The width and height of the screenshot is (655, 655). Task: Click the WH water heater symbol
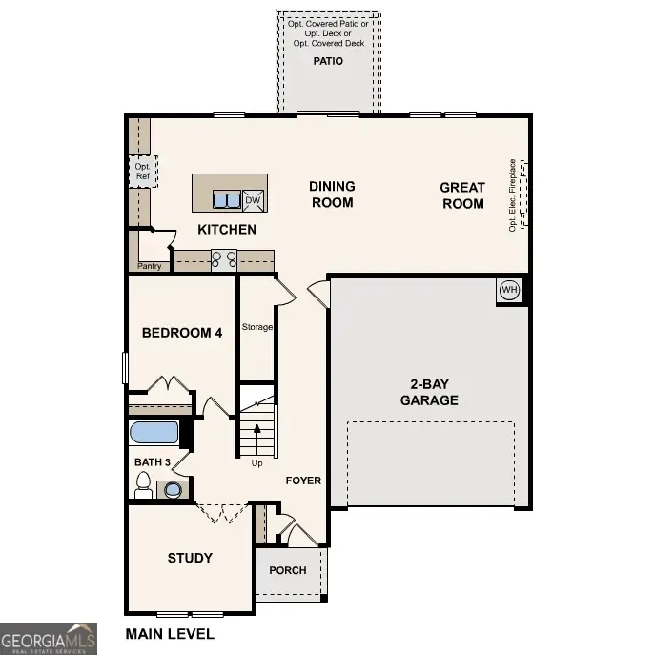click(509, 290)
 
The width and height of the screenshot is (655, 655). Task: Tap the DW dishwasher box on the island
click(253, 199)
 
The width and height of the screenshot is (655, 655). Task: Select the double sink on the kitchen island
click(227, 199)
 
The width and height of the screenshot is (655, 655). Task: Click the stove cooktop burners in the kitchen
click(223, 258)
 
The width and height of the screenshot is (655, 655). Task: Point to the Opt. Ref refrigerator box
click(142, 171)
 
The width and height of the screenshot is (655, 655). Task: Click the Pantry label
click(150, 266)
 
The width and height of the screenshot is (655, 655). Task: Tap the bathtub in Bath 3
click(154, 433)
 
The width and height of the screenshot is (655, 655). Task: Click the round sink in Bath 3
click(174, 490)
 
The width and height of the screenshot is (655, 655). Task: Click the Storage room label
click(256, 327)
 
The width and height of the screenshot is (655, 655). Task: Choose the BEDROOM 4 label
click(181, 333)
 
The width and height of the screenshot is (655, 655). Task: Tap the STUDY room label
click(190, 558)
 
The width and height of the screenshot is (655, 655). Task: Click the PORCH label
click(288, 570)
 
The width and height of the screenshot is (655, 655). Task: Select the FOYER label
click(303, 481)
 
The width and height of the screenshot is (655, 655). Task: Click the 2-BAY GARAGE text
click(428, 393)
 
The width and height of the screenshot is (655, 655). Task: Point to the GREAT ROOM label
click(462, 195)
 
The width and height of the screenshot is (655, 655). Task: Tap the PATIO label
click(328, 61)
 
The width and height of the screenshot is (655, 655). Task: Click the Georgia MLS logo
click(48, 638)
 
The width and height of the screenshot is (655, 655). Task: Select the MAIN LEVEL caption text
click(170, 633)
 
